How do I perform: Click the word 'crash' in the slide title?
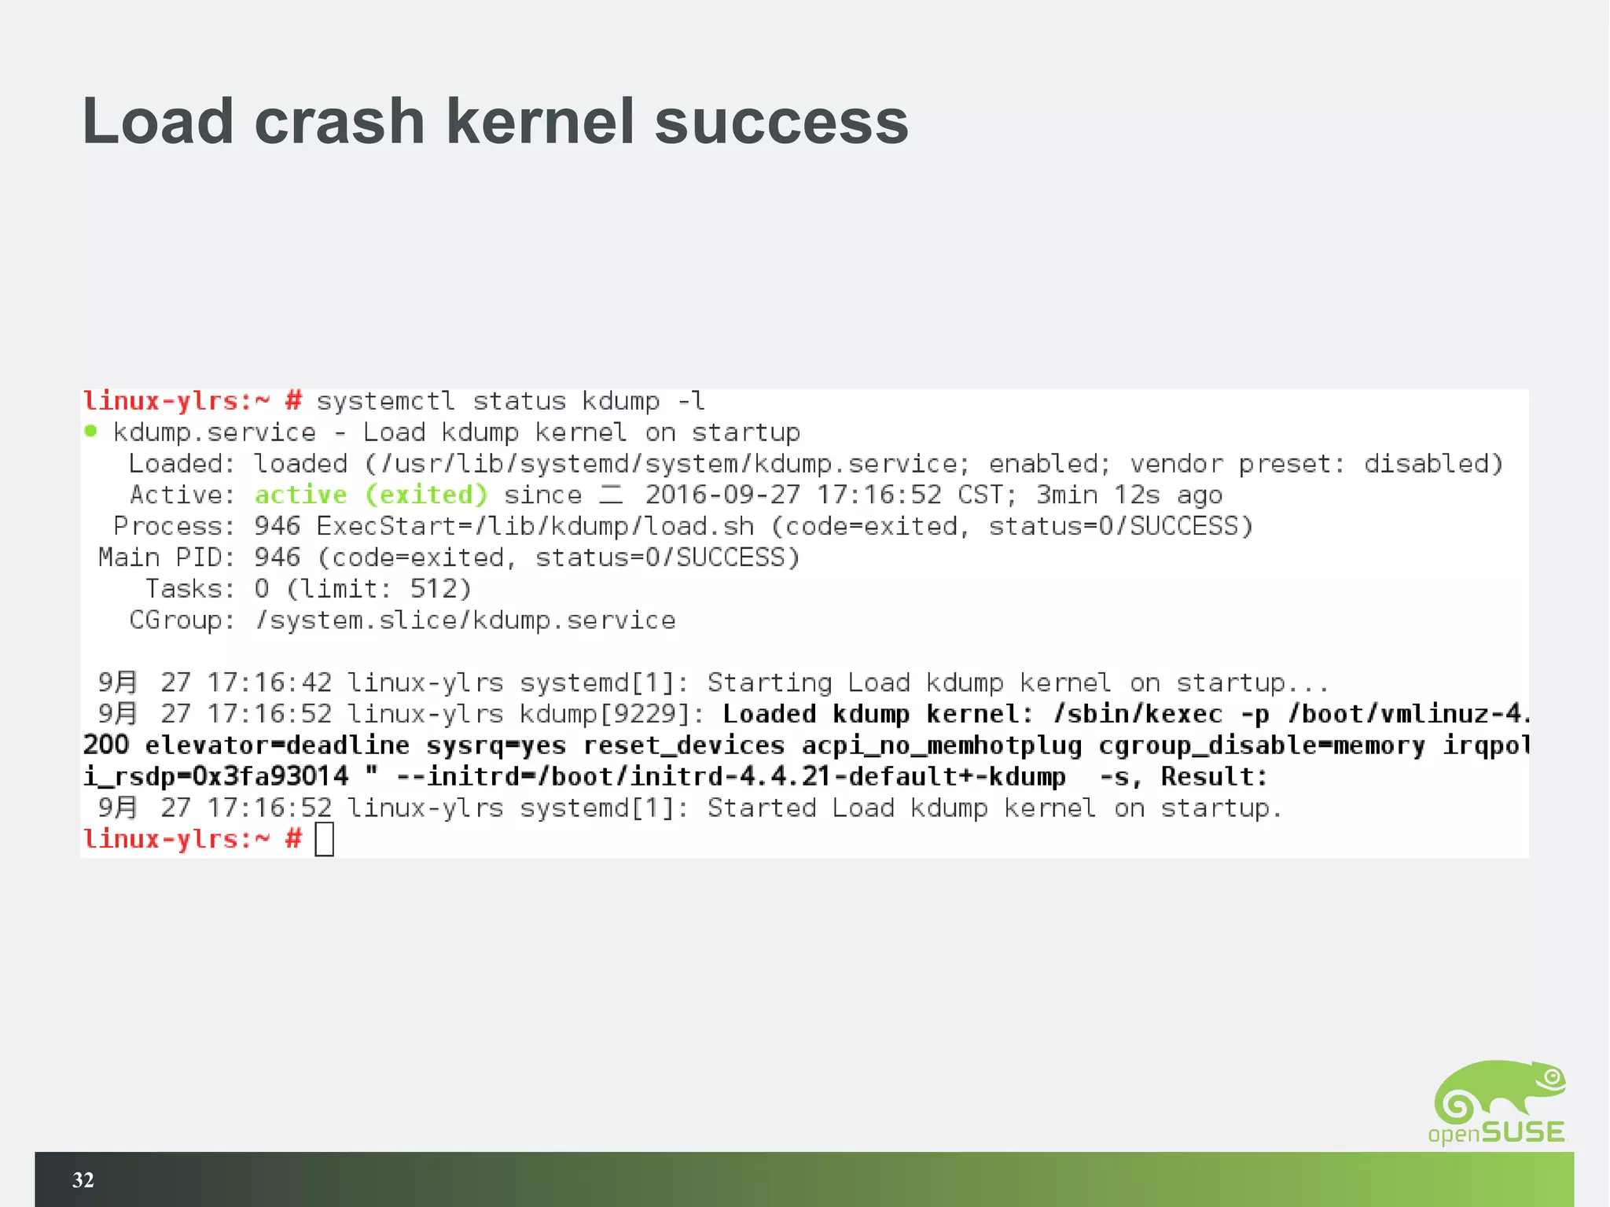point(339,122)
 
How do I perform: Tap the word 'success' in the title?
point(781,122)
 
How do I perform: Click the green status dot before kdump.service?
point(90,431)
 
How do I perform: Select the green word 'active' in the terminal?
point(300,495)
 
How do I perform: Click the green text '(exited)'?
point(426,495)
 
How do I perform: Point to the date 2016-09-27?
point(722,495)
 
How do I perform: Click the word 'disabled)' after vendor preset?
point(1433,463)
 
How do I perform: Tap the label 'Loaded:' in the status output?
point(182,463)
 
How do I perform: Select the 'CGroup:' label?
point(182,620)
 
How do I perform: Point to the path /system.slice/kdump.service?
point(465,620)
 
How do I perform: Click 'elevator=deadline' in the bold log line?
point(277,745)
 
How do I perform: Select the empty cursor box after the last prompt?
point(324,839)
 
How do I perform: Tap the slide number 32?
point(83,1179)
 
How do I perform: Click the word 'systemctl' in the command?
point(385,401)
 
